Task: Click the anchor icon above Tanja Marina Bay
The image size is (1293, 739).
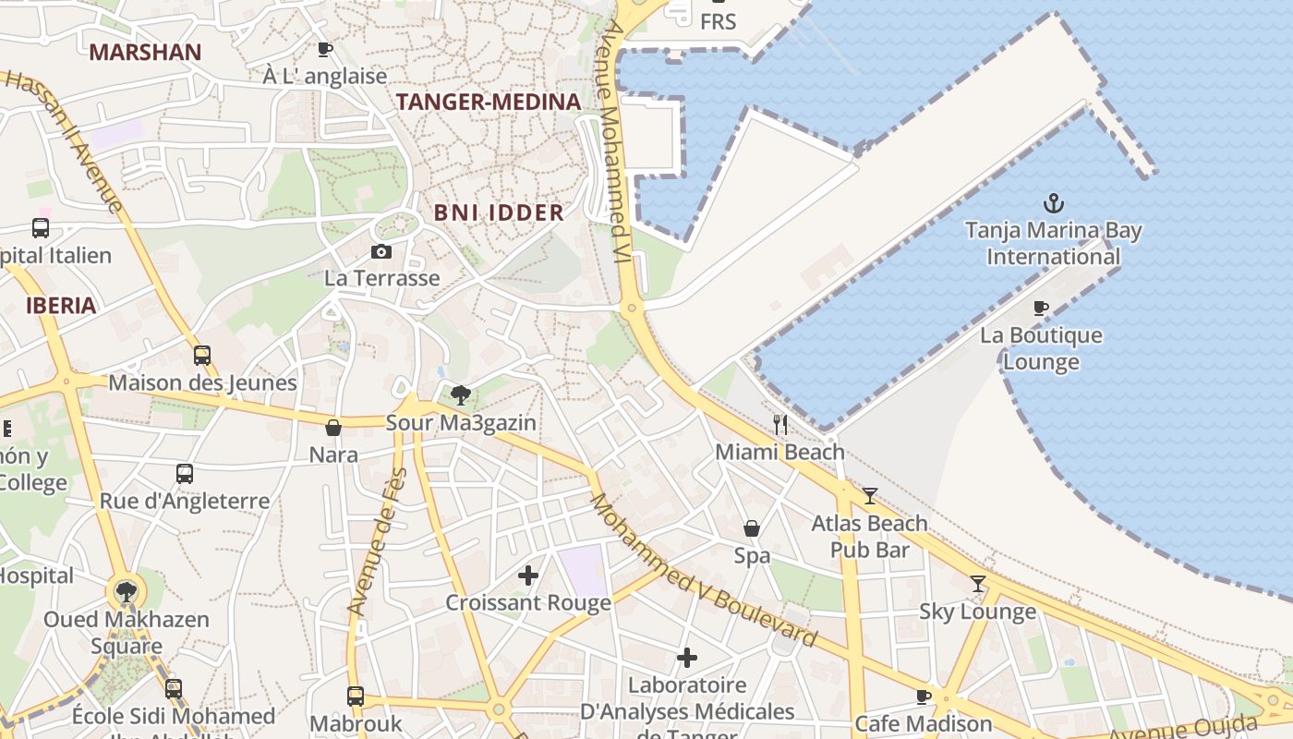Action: (x=1053, y=202)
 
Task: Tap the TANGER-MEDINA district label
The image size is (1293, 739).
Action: (x=489, y=102)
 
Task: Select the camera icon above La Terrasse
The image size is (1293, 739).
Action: (x=381, y=251)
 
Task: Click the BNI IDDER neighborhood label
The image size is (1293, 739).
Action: (x=499, y=212)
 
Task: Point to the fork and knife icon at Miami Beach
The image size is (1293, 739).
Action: (x=780, y=425)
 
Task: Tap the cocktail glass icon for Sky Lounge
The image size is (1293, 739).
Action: (x=977, y=584)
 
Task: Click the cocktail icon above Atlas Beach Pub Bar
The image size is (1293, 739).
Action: (x=869, y=496)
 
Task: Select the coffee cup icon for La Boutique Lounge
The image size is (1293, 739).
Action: (x=1041, y=308)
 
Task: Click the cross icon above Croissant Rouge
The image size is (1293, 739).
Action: (x=527, y=575)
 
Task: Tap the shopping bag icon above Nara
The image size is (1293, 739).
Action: (x=333, y=428)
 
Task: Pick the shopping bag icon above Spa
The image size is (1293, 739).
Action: (x=752, y=528)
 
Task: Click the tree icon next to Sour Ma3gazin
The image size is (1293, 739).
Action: (x=460, y=396)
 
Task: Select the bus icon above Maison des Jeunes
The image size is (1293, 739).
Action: (x=202, y=355)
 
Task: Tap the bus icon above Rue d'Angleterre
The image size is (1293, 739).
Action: (x=185, y=474)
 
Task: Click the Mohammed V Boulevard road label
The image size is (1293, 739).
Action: (x=704, y=571)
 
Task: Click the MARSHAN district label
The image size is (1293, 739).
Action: (x=145, y=52)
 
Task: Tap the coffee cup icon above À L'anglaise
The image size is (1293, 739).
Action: (x=324, y=49)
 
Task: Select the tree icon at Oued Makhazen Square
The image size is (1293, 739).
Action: (x=126, y=592)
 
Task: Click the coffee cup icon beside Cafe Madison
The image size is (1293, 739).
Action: (x=923, y=697)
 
